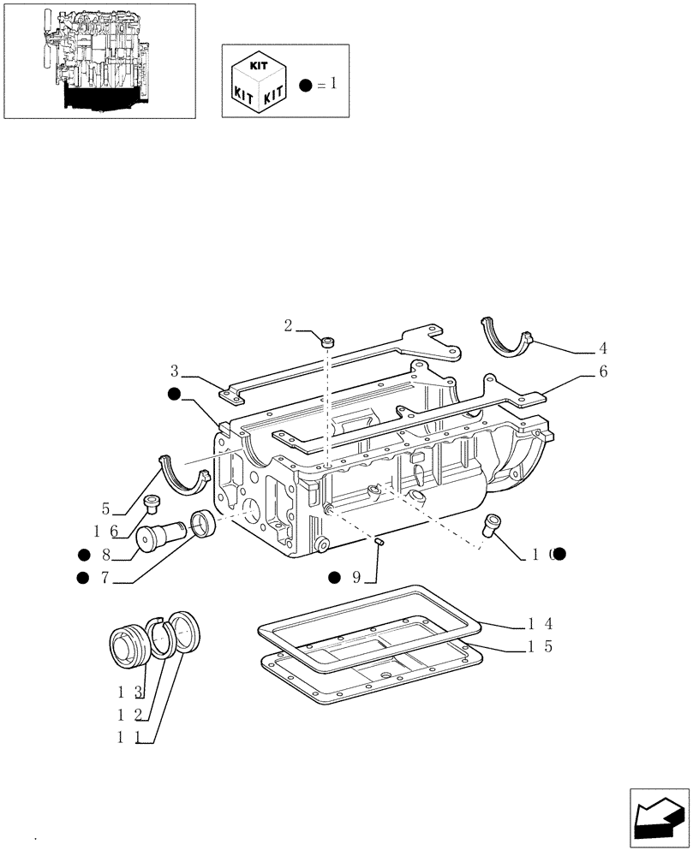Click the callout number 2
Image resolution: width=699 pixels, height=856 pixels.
289,325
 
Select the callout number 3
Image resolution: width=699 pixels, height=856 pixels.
175,371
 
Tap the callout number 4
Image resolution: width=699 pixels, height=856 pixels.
603,348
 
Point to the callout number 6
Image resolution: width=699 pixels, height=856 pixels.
603,372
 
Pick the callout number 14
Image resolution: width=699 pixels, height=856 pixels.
539,623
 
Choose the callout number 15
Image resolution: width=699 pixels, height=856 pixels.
539,647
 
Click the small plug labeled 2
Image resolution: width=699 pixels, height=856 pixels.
328,342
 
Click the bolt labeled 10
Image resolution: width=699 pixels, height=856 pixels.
493,524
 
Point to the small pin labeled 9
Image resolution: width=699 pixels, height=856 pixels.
379,540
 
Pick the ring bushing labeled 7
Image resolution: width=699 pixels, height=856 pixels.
203,523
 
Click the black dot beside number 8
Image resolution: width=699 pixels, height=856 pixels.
83,554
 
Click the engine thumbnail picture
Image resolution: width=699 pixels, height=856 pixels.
99,60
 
